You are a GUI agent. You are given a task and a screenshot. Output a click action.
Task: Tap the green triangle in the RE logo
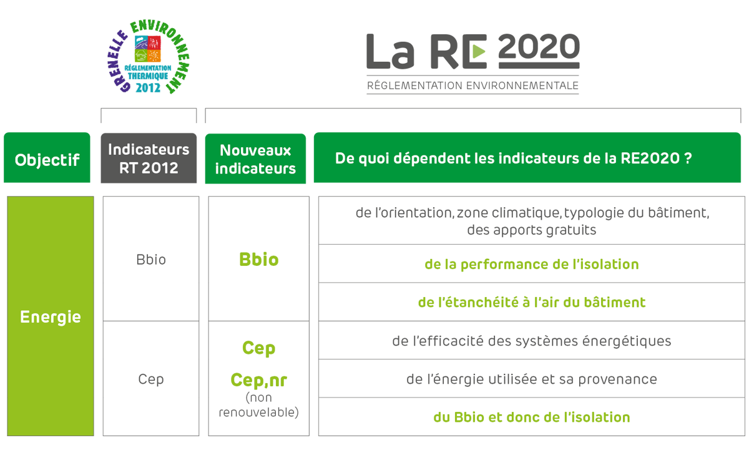(x=479, y=51)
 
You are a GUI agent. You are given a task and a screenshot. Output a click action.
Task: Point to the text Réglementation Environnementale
(x=472, y=85)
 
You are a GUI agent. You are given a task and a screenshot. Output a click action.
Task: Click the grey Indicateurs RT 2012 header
(x=149, y=158)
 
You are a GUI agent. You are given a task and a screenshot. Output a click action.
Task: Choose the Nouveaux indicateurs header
(x=255, y=158)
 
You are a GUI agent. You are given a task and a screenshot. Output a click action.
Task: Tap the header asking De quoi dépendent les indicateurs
(x=527, y=158)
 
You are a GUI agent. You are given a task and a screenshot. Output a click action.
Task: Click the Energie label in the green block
(x=51, y=316)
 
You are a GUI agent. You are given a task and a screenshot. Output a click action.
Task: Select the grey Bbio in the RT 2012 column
(x=151, y=260)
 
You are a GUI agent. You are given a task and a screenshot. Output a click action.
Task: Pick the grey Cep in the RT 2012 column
(x=151, y=379)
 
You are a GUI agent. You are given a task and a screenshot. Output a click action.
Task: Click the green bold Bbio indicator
(x=259, y=260)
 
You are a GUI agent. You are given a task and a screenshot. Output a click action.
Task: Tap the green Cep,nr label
(x=259, y=380)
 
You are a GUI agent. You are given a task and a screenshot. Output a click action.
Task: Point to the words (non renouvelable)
(x=259, y=405)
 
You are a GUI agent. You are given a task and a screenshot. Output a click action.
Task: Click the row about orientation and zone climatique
(x=532, y=221)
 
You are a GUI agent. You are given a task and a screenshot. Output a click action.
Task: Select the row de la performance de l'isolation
(x=532, y=264)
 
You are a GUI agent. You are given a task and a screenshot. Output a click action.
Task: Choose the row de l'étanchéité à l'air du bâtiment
(x=532, y=302)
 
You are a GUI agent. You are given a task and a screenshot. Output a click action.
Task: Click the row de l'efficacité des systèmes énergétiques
(x=532, y=340)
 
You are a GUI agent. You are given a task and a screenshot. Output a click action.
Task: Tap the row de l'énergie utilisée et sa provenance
(x=532, y=379)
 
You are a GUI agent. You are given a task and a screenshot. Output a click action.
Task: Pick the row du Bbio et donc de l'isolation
(x=532, y=417)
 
